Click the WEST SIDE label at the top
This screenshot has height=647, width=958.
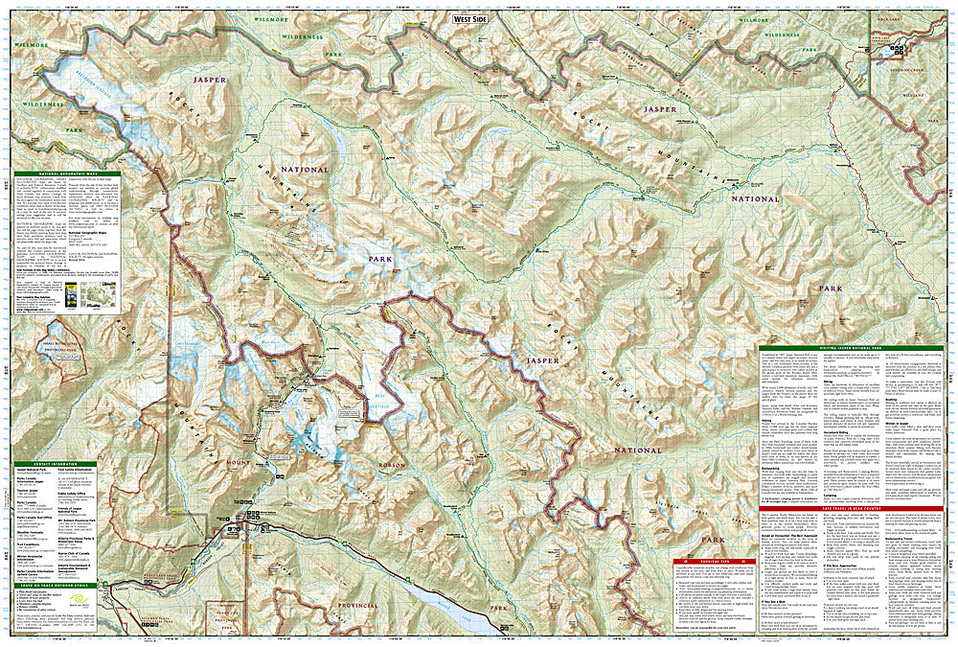click(468, 17)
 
